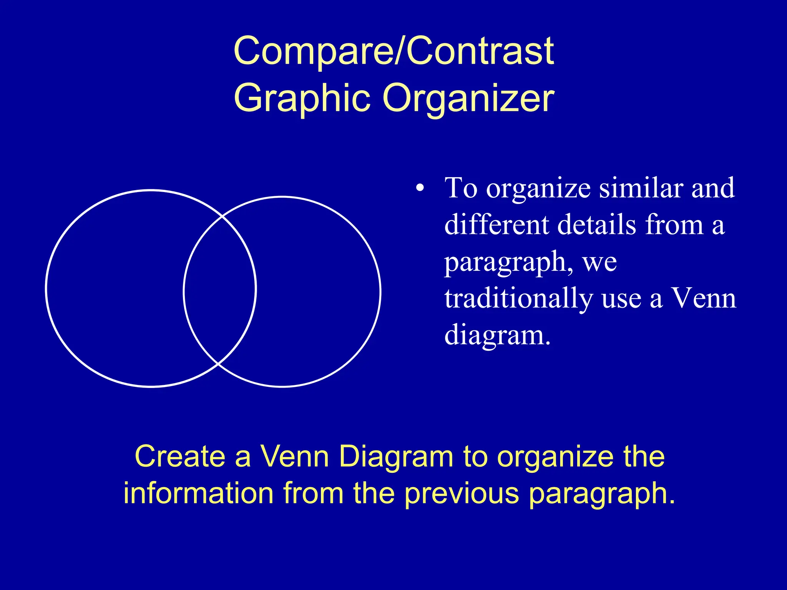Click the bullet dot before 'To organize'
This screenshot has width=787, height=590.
pos(420,189)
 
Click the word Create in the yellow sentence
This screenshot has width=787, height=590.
pos(180,457)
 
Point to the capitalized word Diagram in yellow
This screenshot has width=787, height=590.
pos(396,457)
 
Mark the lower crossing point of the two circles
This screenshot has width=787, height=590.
pos(218,363)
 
